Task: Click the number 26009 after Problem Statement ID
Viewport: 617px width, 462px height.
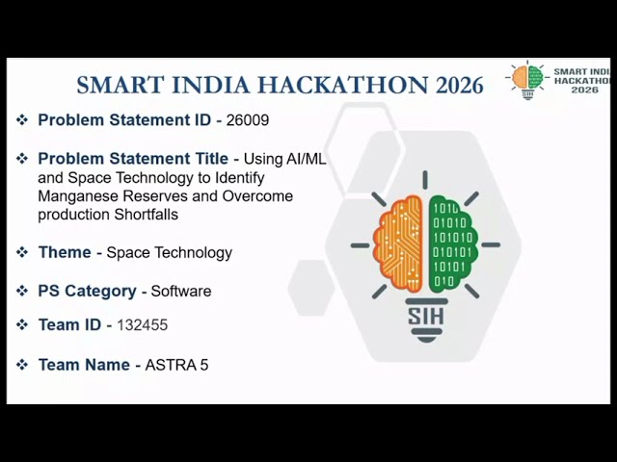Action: tap(248, 120)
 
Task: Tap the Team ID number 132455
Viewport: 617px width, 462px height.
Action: tap(142, 325)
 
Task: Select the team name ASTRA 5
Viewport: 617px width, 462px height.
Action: tap(176, 365)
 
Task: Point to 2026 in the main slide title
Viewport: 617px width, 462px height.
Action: tap(459, 86)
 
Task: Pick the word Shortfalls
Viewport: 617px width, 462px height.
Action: tap(146, 215)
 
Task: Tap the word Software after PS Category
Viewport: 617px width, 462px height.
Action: tap(181, 291)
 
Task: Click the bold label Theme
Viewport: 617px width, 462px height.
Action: tap(65, 252)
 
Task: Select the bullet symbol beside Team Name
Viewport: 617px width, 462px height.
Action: tap(22, 365)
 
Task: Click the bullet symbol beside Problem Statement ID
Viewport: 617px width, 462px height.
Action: tap(22, 119)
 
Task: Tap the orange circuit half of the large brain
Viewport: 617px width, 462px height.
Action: tap(398, 244)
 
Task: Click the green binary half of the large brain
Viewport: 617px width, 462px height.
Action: tap(452, 244)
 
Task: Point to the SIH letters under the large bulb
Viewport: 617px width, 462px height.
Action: tap(426, 317)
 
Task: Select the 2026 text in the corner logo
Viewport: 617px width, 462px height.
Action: tap(585, 90)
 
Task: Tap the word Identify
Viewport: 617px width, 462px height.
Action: tap(240, 178)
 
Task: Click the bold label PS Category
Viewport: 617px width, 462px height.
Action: tap(87, 291)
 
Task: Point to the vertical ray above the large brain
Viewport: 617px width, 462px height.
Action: tap(425, 180)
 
